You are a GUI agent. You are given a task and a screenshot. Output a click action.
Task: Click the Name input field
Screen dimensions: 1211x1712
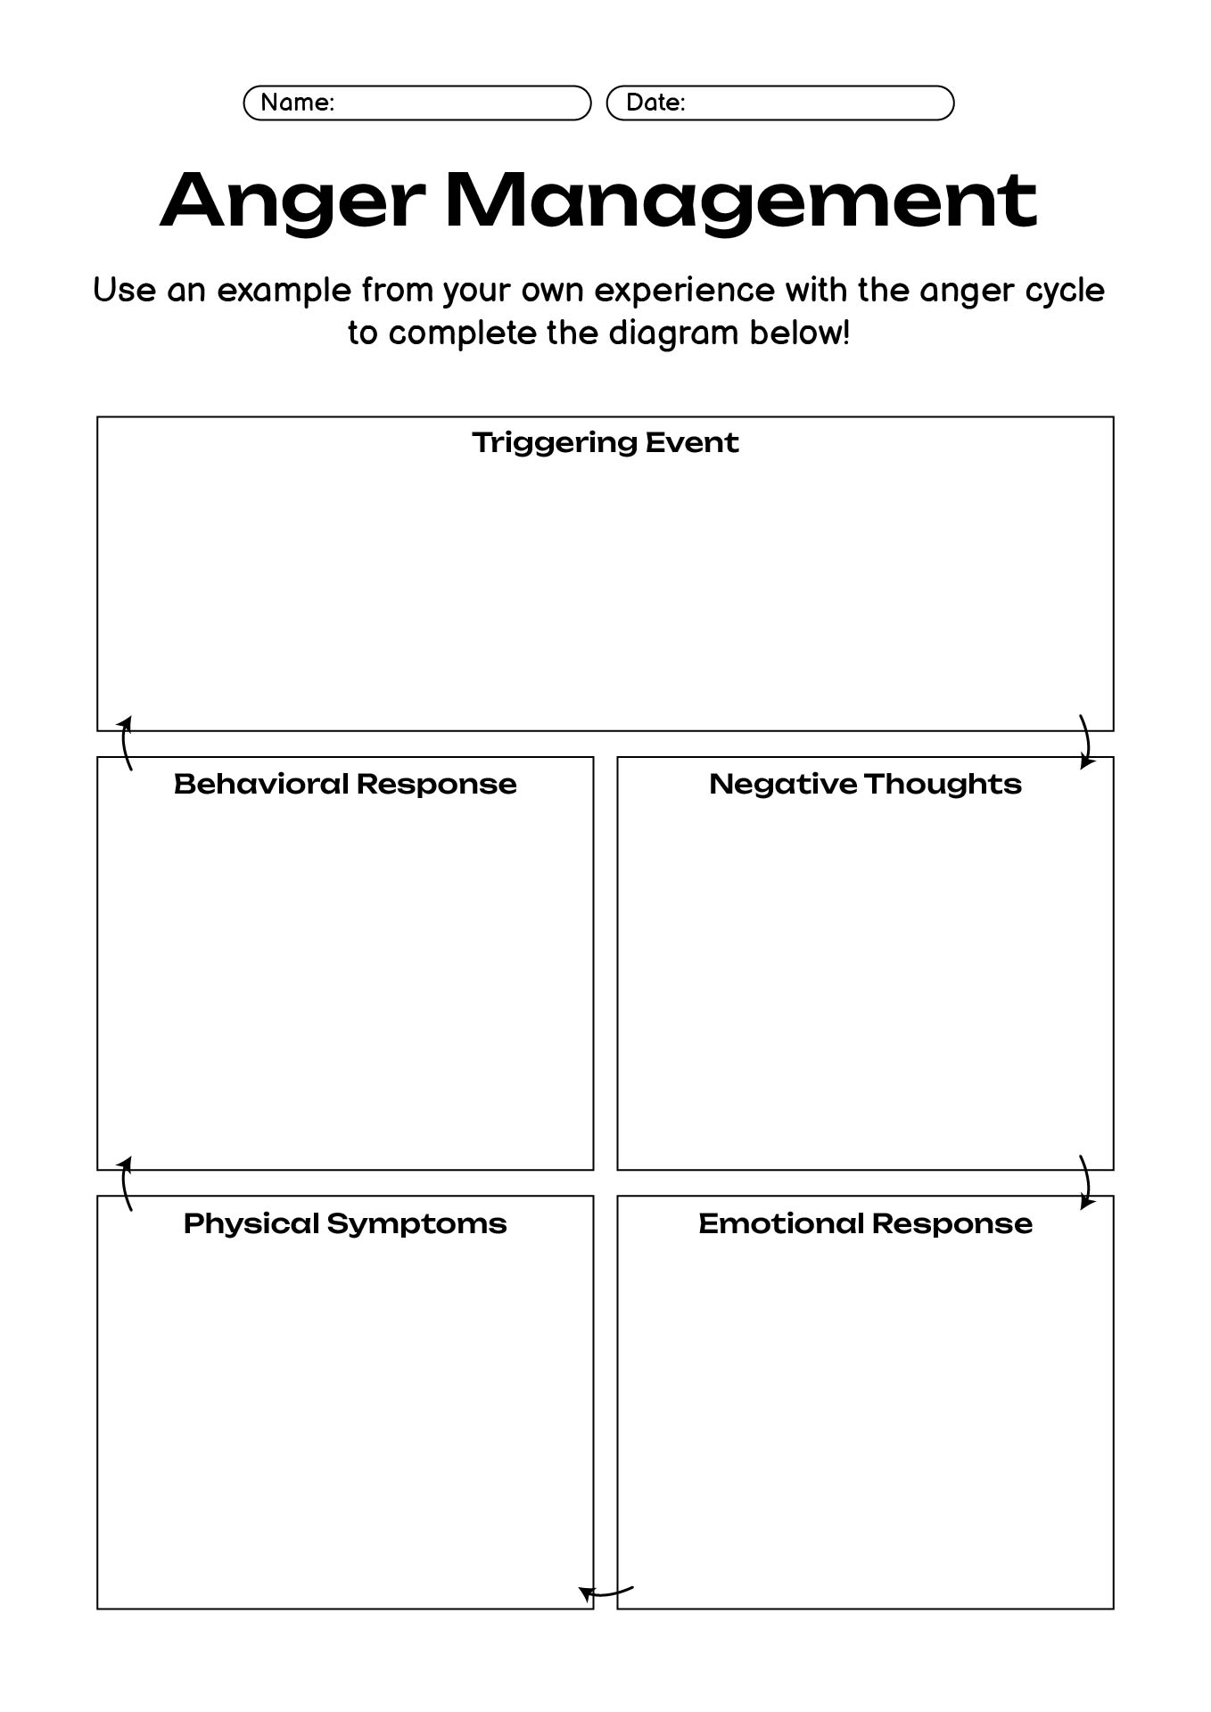[x=417, y=103]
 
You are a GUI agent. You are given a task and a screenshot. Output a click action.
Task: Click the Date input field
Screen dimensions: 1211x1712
[x=780, y=103]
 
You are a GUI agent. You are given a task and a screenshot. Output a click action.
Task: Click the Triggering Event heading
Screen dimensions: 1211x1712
[x=605, y=442]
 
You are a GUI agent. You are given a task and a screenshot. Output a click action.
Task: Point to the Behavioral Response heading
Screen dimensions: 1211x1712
[x=345, y=784]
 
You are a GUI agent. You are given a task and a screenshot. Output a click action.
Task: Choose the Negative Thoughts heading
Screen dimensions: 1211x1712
[x=865, y=784]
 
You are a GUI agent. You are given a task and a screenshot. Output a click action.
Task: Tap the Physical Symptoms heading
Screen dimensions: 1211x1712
[x=345, y=1223]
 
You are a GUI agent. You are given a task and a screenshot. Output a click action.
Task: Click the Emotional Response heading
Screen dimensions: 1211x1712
[x=865, y=1223]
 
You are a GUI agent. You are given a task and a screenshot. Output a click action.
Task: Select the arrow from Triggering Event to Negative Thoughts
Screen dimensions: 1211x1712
[x=1087, y=741]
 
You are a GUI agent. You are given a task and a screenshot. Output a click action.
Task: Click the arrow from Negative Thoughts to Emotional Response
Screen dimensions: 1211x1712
[x=1087, y=1182]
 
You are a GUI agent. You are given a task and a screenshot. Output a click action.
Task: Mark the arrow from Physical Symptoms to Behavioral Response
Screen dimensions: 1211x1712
[x=125, y=1183]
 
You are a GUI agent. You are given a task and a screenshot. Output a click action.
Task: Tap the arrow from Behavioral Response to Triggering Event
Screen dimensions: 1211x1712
[x=125, y=743]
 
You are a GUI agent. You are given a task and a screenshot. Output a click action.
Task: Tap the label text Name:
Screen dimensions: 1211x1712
[x=298, y=103]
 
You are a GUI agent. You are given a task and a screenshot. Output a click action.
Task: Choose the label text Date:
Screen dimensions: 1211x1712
[x=655, y=103]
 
